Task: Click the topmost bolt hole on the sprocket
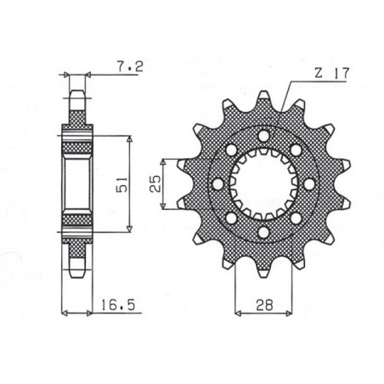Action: point(263,135)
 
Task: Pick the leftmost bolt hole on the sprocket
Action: point(216,183)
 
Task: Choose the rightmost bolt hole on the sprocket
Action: point(311,183)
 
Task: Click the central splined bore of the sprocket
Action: point(263,183)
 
